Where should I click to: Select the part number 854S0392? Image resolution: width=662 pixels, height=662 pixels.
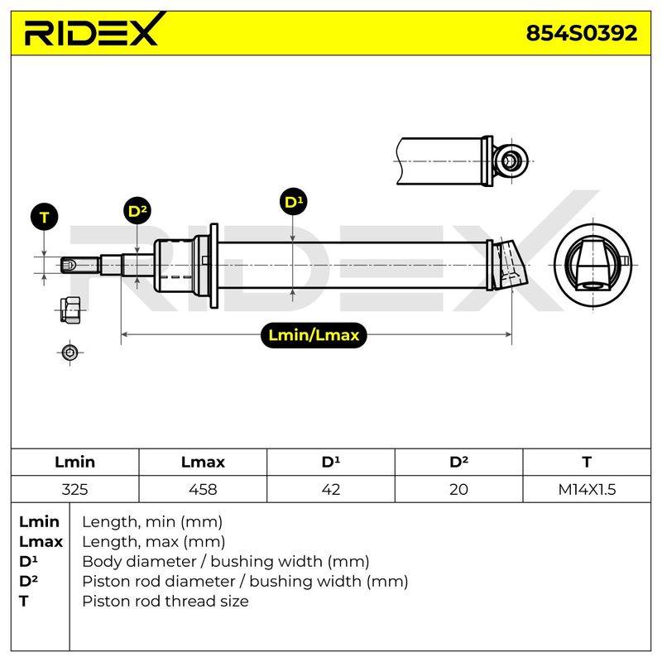[582, 32]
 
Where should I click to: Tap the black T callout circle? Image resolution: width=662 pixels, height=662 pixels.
[45, 217]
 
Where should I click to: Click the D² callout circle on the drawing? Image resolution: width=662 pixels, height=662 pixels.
[137, 211]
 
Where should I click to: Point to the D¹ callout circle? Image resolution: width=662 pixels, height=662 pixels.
[294, 201]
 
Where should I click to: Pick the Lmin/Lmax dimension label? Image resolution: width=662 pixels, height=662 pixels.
[314, 335]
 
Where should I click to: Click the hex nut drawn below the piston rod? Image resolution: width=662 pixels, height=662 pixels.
[70, 309]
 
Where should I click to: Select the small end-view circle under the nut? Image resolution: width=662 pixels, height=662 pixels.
[70, 353]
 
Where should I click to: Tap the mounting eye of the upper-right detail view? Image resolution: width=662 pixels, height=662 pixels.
[511, 161]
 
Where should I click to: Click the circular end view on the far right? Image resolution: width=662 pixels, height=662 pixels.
[592, 266]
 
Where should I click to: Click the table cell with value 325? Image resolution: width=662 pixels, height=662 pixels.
[74, 489]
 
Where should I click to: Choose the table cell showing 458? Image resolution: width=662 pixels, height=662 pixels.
[203, 489]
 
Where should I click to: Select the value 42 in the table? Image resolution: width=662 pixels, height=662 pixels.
[330, 489]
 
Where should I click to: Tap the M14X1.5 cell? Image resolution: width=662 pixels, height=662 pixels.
[587, 489]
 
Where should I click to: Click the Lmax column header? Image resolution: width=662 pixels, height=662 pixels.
[203, 462]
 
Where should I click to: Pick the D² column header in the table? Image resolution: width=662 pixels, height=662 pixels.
[459, 462]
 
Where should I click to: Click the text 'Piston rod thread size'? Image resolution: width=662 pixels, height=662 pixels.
[165, 601]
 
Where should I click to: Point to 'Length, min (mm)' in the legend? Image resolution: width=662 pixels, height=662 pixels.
[152, 522]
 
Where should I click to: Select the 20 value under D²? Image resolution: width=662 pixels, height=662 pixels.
[458, 489]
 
